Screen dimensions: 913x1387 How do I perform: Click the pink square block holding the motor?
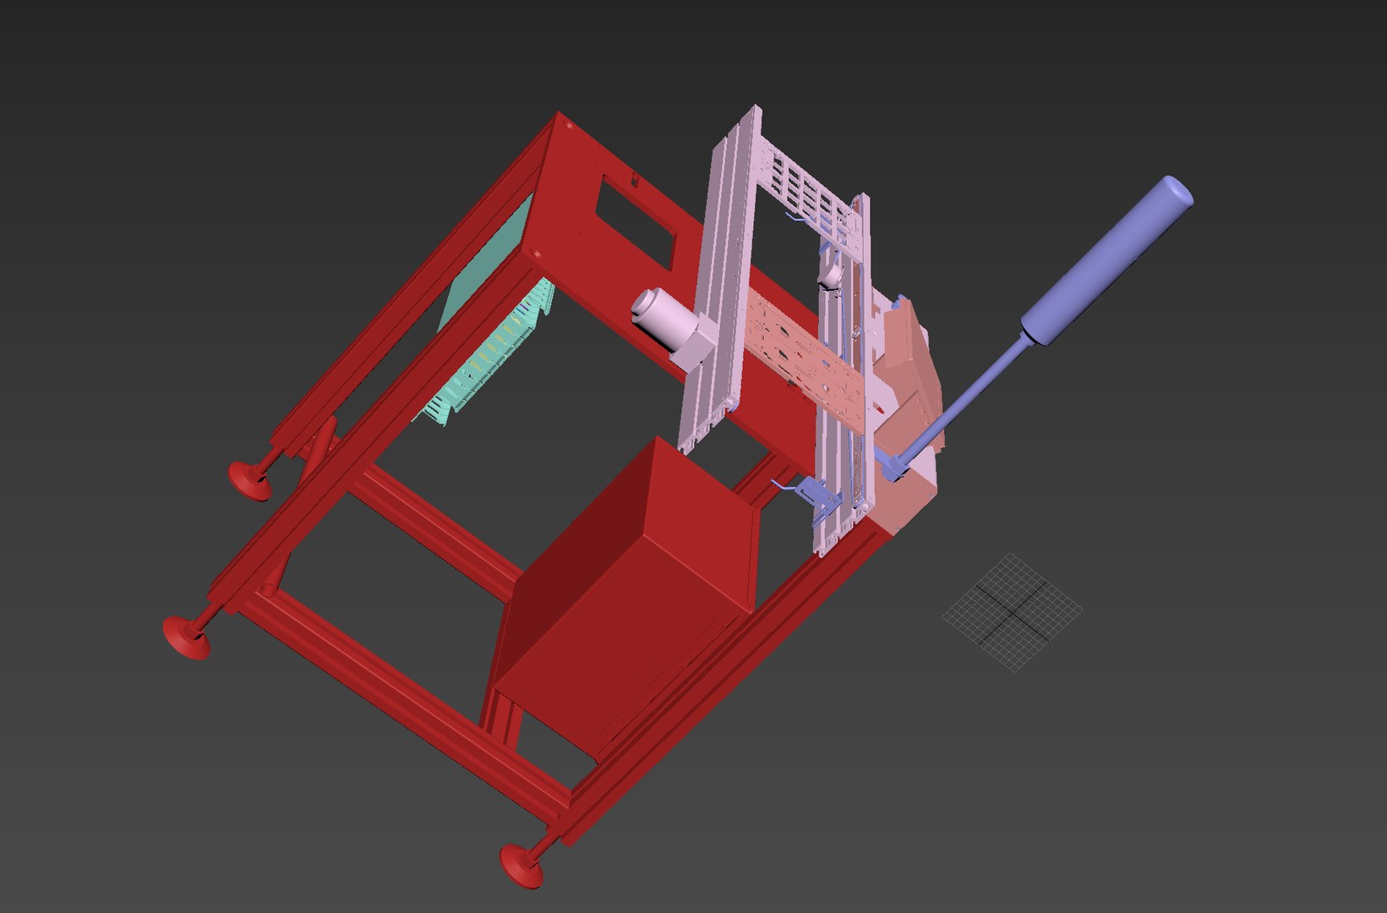pyautogui.click(x=695, y=347)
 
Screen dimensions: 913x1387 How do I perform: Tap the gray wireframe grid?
pyautogui.click(x=1012, y=611)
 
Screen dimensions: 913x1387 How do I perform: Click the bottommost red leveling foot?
pyautogui.click(x=521, y=865)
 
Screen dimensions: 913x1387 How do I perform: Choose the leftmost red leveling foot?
pyautogui.click(x=186, y=637)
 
